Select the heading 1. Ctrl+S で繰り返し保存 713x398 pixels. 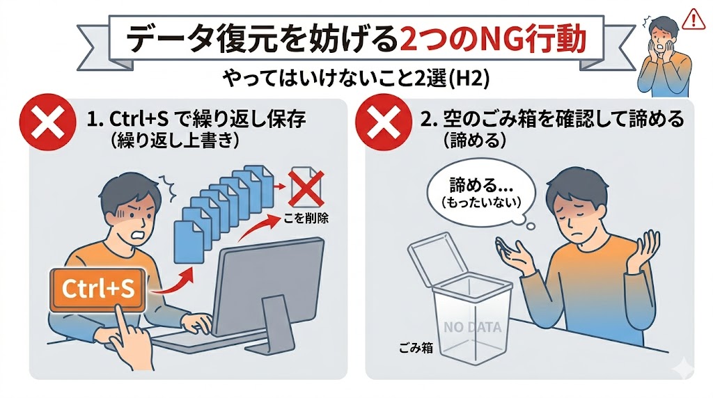[197, 119]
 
